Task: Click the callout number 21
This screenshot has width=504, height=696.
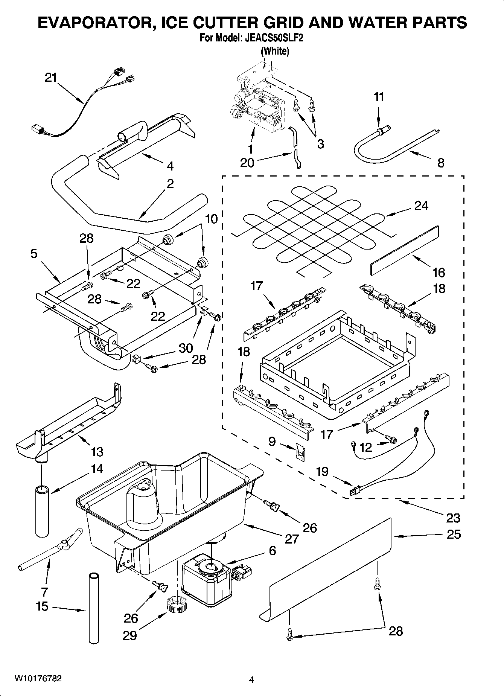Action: (50, 78)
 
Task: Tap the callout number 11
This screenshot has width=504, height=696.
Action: (379, 97)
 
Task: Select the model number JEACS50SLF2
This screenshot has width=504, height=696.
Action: (274, 38)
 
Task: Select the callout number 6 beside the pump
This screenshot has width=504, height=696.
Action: (272, 551)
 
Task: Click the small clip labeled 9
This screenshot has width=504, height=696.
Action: (300, 451)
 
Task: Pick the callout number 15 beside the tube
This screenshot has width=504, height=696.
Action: (42, 606)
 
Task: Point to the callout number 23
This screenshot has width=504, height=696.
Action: (453, 518)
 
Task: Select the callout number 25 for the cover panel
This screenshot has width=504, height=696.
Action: (453, 535)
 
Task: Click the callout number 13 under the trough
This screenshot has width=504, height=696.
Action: (97, 451)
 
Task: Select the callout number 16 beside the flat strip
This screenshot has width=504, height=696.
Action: (439, 272)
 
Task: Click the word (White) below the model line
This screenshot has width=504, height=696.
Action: (275, 51)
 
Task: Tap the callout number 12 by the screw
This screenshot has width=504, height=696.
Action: (365, 447)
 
